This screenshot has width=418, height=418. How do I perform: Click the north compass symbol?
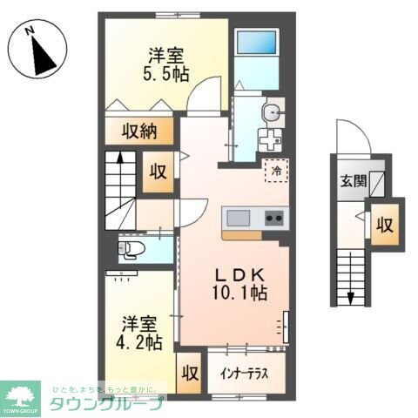pyautogui.click(x=37, y=53)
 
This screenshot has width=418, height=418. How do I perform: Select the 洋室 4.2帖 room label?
pyautogui.click(x=141, y=332)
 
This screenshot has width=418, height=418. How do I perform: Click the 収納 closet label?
pyautogui.click(x=138, y=132)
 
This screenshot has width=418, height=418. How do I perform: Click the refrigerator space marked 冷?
pyautogui.click(x=275, y=172)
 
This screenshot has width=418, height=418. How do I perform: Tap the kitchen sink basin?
pyautogui.click(x=239, y=217)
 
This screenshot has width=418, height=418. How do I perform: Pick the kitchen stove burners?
pyautogui.click(x=273, y=217)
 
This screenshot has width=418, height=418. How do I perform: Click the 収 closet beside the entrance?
pyautogui.click(x=383, y=224)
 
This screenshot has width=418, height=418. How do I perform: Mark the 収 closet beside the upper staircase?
pyautogui.click(x=158, y=170)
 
